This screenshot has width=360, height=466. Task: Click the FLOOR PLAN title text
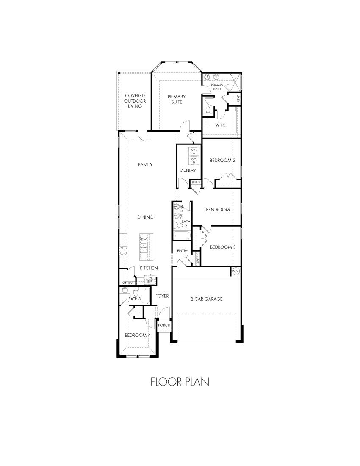[x=180, y=382]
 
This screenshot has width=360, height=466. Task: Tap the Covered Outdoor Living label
[x=135, y=101]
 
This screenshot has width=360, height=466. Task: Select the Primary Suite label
[x=176, y=99]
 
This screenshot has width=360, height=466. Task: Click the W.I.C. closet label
[x=221, y=125]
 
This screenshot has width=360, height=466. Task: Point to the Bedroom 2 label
[x=222, y=160]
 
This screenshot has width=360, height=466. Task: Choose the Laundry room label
[x=188, y=170]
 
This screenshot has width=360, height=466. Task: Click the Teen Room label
[x=217, y=209]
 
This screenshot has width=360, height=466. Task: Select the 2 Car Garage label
[x=206, y=299]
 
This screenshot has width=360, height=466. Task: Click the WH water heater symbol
[x=236, y=271]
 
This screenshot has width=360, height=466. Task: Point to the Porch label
[x=164, y=325]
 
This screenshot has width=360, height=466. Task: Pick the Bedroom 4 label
[x=137, y=335]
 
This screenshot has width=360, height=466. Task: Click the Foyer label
[x=162, y=296]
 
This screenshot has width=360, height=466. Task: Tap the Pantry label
[x=127, y=283]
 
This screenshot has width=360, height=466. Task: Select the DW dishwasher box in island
[x=144, y=239]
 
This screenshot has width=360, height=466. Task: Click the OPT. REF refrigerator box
[x=150, y=280]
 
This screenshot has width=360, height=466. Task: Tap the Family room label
[x=145, y=164]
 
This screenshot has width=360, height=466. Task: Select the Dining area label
[x=145, y=217]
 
